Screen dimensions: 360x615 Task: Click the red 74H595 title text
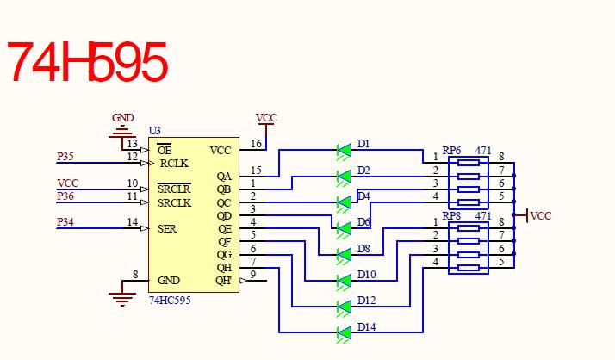[86, 61]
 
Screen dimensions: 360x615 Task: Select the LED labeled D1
[345, 150]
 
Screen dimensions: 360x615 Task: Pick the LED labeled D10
[345, 280]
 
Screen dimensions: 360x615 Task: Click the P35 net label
[65, 157]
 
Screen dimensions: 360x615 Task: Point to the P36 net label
[65, 196]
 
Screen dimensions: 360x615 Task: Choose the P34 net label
[65, 223]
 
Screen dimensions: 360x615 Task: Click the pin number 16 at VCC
[256, 144]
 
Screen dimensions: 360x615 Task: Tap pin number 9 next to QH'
[253, 275]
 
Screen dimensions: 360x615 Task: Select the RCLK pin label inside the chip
[174, 163]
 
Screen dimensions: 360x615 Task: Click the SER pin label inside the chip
[167, 229]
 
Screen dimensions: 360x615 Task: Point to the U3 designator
[155, 131]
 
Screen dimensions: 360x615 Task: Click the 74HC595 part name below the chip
[170, 301]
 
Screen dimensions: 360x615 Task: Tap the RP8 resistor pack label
[452, 215]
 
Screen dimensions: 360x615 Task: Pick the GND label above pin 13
[123, 118]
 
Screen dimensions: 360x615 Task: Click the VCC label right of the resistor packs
[541, 216]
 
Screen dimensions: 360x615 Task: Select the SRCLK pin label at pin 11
[174, 203]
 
